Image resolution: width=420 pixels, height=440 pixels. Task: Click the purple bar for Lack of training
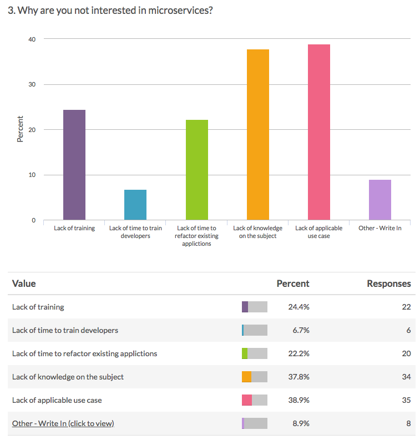pyautogui.click(x=74, y=165)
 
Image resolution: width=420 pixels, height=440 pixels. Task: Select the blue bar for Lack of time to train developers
pyautogui.click(x=135, y=205)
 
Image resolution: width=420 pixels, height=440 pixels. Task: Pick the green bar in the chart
pyautogui.click(x=196, y=170)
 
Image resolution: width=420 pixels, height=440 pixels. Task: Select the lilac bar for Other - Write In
pyautogui.click(x=380, y=200)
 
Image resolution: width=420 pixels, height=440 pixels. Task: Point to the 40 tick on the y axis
pyautogui.click(x=32, y=39)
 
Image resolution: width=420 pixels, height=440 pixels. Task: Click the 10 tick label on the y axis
pyautogui.click(x=32, y=175)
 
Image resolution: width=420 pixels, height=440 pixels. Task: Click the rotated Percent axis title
pyautogui.click(x=21, y=129)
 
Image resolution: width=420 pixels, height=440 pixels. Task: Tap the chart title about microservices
pyautogui.click(x=110, y=11)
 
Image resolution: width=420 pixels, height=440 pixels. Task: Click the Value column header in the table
pyautogui.click(x=24, y=284)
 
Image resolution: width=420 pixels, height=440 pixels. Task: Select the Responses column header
pyautogui.click(x=389, y=284)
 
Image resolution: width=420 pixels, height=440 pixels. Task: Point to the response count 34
pyautogui.click(x=406, y=377)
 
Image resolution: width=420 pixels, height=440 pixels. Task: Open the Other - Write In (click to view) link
pyautogui.click(x=63, y=423)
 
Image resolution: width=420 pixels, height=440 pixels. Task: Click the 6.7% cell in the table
pyautogui.click(x=300, y=330)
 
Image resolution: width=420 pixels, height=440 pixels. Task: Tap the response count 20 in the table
pyautogui.click(x=406, y=353)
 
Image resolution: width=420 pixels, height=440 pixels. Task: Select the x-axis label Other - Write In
pyautogui.click(x=380, y=228)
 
